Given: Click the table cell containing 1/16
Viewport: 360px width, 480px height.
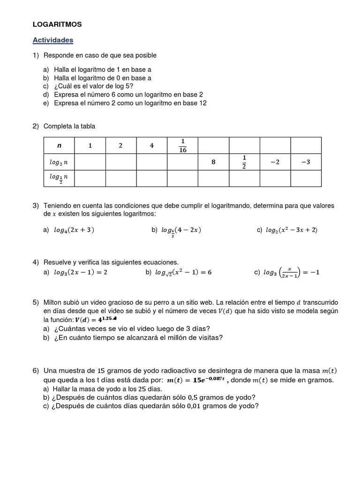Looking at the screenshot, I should tap(182, 145).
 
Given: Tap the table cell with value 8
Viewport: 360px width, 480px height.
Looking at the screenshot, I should tap(213, 162).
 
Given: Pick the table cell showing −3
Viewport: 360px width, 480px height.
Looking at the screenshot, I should tap(306, 162).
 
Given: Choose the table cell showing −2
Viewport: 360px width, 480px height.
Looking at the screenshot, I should tap(275, 162).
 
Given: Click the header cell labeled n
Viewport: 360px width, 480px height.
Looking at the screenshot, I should tap(59, 145).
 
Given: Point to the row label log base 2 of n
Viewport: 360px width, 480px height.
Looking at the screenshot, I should tap(59, 162).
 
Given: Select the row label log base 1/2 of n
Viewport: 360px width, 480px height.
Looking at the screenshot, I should tap(59, 178).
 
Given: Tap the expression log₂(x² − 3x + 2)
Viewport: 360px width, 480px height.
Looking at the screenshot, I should tap(291, 230).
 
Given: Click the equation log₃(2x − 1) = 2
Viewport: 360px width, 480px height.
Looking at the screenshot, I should tap(80, 272).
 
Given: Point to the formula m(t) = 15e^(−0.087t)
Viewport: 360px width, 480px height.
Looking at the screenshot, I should tap(195, 380).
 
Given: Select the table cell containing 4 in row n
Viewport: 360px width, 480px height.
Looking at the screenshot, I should tap(152, 145).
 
